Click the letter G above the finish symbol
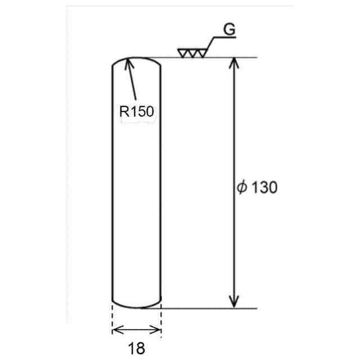coord(229,29)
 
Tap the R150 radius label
coord(137,111)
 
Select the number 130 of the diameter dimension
coord(264,187)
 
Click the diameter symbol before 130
coord(242,187)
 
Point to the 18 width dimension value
coord(137,348)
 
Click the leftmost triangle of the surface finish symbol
coord(183,53)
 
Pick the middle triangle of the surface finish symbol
coord(192,53)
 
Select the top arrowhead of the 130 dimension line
coord(234,63)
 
